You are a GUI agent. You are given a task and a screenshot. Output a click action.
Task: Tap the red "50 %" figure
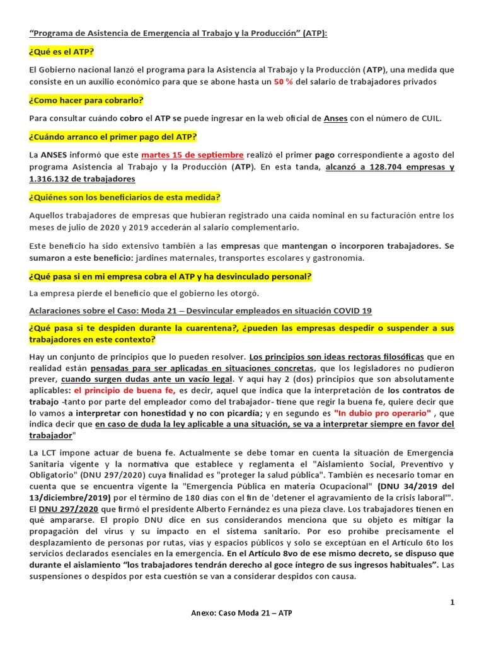[x=283, y=82]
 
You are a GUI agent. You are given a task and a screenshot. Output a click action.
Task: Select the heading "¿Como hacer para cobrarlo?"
[x=86, y=100]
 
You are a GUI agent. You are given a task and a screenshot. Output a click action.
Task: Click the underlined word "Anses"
[x=335, y=118]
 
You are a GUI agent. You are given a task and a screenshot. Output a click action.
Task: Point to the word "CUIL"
[x=429, y=118]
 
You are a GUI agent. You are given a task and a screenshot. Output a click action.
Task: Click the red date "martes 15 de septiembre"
[x=192, y=154]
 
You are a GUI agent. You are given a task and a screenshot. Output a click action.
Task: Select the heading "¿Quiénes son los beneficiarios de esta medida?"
[x=125, y=197]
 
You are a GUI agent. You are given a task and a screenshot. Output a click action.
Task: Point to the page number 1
[x=452, y=603]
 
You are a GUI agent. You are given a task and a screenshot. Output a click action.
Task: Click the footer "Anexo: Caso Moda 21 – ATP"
[x=241, y=613]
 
